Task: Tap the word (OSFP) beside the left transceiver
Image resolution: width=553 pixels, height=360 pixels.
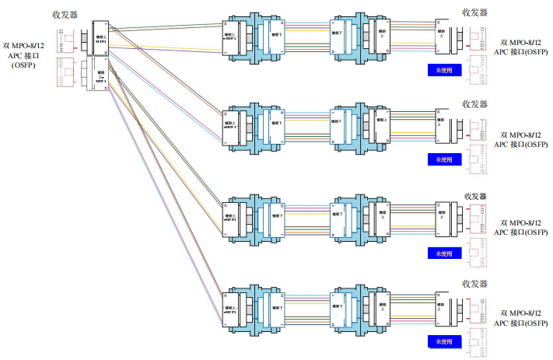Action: [x=23, y=68]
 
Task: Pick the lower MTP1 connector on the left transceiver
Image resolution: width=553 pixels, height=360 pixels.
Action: [x=98, y=77]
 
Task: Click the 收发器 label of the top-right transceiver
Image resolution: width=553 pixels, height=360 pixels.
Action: [x=474, y=13]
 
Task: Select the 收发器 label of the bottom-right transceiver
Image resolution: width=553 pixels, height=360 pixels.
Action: [x=474, y=284]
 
